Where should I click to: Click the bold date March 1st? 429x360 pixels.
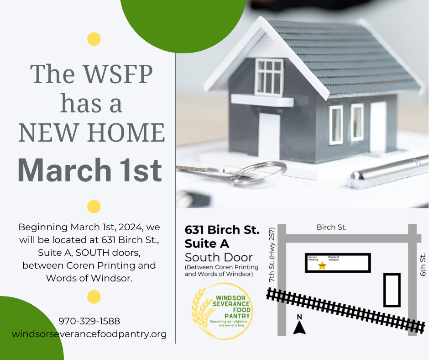(89, 170)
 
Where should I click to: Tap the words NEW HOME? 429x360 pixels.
(91, 132)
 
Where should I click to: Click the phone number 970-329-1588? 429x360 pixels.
(89, 321)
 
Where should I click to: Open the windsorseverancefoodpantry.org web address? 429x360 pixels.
(89, 334)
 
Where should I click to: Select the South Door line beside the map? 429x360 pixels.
(219, 257)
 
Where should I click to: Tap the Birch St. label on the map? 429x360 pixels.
(332, 227)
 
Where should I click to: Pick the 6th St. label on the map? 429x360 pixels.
(423, 265)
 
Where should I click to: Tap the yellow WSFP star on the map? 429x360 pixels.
(322, 265)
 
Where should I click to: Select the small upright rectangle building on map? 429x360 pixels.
(392, 290)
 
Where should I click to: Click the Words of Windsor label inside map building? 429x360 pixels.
(334, 259)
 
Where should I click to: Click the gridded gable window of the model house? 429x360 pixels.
(269, 76)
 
